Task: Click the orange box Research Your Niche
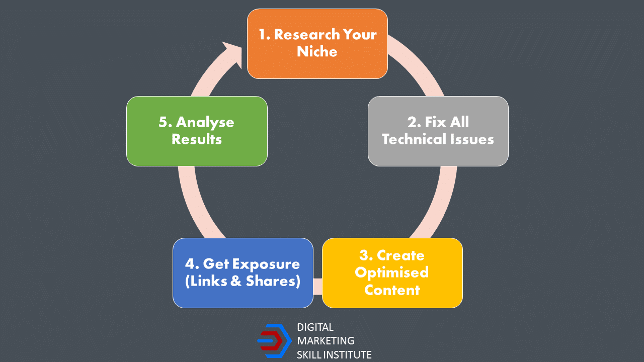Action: [x=317, y=44]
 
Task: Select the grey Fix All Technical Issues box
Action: [x=438, y=131]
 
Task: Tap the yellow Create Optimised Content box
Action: [x=392, y=273]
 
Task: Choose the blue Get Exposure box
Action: [x=243, y=273]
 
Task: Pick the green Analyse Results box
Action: [x=197, y=131]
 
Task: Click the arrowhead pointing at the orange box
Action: [x=233, y=54]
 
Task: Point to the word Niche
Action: [x=317, y=51]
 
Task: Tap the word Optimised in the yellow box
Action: [x=392, y=273]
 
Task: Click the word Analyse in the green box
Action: [x=205, y=123]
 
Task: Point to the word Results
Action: [x=197, y=139]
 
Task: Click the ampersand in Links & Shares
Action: [x=236, y=281]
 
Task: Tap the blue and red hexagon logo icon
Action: [x=275, y=341]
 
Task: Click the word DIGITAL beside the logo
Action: [x=315, y=327]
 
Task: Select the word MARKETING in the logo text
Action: [x=326, y=341]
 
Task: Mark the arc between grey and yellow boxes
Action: [x=440, y=205]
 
